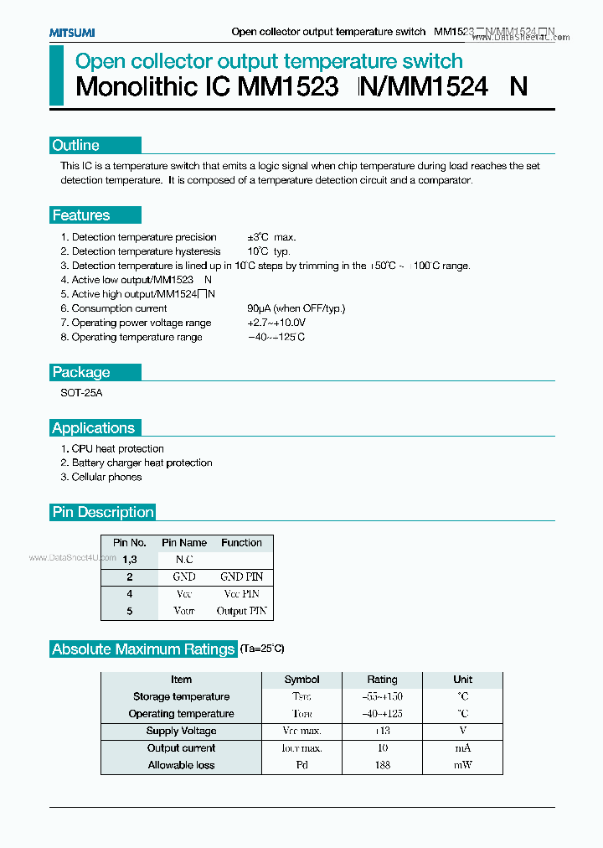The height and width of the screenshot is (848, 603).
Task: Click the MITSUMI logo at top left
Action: coord(72,32)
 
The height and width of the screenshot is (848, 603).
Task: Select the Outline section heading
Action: coord(76,145)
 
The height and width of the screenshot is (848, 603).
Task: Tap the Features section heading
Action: coord(81,215)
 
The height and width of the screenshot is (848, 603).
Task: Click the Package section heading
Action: coord(81,372)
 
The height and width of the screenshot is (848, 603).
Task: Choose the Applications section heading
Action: coord(93,428)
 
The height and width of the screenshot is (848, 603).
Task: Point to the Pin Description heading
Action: coord(103,512)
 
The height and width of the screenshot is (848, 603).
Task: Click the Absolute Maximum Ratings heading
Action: coord(143,649)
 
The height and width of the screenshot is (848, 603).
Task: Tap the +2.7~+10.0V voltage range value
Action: coord(276,323)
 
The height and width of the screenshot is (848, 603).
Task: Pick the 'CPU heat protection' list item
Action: coord(117,449)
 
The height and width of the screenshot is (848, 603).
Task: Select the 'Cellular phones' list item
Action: coord(106,477)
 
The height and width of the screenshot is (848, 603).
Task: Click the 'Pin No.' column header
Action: coord(130,543)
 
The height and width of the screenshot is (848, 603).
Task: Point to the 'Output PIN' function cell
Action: coord(241,612)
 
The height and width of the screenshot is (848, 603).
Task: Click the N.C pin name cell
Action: coord(183,559)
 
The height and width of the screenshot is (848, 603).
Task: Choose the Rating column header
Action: coord(382,680)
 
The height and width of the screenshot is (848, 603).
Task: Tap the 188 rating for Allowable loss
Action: coord(382,765)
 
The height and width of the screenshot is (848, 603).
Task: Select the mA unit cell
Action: coord(462,748)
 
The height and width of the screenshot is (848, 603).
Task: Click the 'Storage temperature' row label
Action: coord(181,696)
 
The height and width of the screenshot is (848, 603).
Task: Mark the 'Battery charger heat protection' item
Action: coord(142,463)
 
